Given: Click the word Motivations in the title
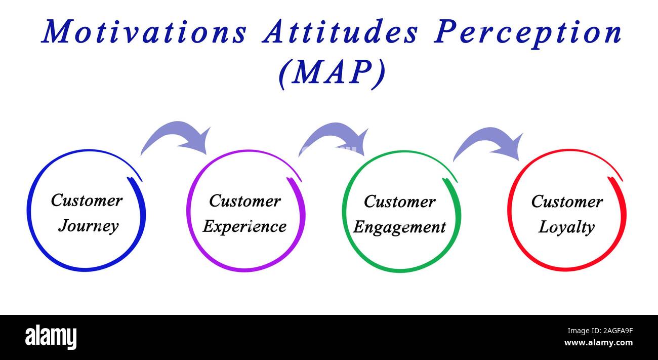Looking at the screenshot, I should tap(144, 32).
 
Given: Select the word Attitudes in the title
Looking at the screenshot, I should tap(340, 32).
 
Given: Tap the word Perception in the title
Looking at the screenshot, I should tap(528, 32).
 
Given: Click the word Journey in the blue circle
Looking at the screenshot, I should tap(88, 226).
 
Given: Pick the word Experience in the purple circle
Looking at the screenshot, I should tap(244, 226).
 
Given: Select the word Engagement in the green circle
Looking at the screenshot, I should tap(399, 227).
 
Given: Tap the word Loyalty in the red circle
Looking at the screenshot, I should tap(566, 227).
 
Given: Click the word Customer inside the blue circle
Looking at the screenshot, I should tap(87, 200).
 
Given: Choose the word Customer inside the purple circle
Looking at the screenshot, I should tap(244, 201).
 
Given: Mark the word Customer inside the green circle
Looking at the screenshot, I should tap(399, 202).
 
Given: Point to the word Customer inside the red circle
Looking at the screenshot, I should tap(567, 202).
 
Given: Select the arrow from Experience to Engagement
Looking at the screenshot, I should tap(336, 138).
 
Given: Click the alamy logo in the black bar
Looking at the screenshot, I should tap(51, 337).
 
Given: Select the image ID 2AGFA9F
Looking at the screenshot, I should tap(605, 331).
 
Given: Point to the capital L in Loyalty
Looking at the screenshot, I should tap(544, 227).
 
